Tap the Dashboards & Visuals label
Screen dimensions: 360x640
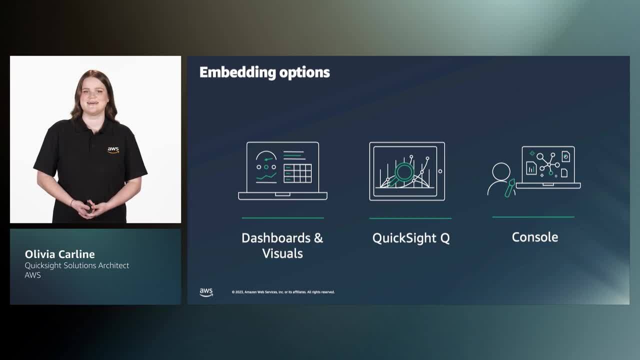coord(282,245)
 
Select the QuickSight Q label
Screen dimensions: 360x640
coord(411,238)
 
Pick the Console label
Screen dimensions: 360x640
coord(534,237)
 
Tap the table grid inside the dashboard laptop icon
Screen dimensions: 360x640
coord(297,173)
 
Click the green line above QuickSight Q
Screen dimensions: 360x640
coord(410,218)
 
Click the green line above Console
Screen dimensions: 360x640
coord(533,217)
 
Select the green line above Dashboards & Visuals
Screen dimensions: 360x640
coord(282,218)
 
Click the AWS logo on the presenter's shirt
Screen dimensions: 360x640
coord(113,149)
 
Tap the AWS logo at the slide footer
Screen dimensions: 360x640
coord(206,292)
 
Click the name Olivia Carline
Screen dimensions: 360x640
coord(59,254)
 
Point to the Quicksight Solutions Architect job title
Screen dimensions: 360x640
coord(77,265)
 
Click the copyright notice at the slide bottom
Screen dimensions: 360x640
coord(283,292)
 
